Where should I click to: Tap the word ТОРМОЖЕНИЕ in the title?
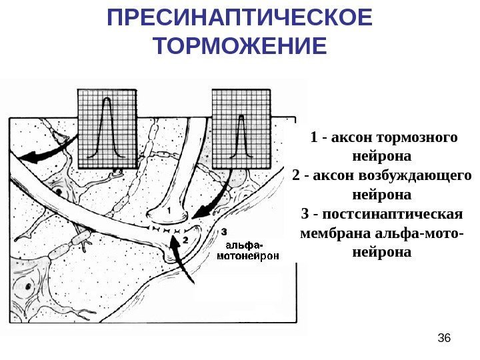click(x=240, y=47)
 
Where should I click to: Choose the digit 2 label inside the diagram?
click(x=185, y=238)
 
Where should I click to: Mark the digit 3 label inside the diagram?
click(x=224, y=231)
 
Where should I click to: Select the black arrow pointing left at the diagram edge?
click(x=37, y=155)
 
